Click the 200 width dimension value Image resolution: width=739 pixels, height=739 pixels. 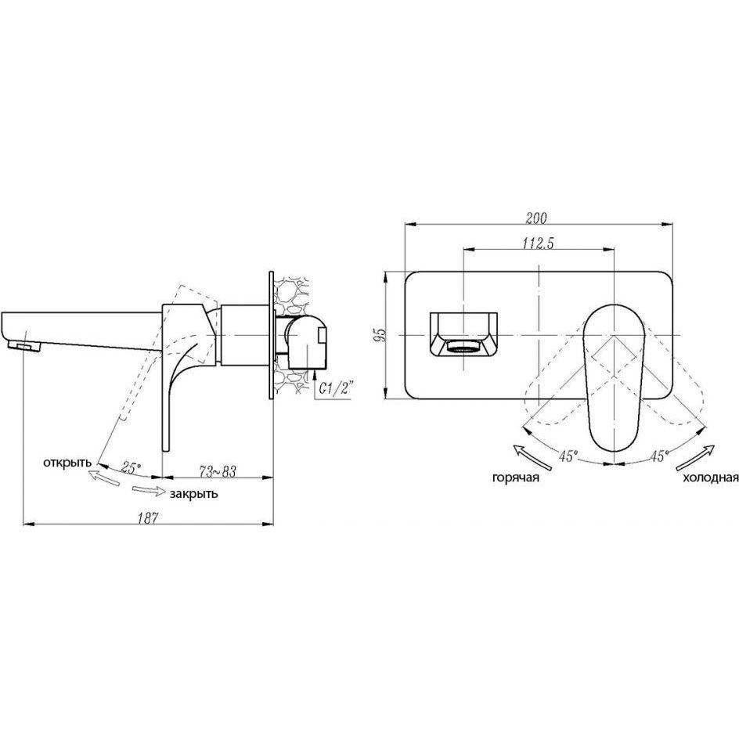tap(536, 218)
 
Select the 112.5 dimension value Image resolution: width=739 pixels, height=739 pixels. tap(538, 243)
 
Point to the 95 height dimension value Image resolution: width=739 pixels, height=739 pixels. tap(380, 334)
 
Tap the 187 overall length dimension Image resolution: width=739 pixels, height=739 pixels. tap(147, 518)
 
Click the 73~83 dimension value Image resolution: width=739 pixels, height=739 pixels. tap(218, 470)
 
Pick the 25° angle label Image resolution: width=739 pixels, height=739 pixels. tap(131, 467)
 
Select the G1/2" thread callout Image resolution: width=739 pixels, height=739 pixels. tap(337, 389)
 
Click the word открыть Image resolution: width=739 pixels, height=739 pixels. tap(67, 463)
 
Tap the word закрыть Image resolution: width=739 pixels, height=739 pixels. tap(193, 493)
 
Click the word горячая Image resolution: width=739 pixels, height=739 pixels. tap(516, 478)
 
